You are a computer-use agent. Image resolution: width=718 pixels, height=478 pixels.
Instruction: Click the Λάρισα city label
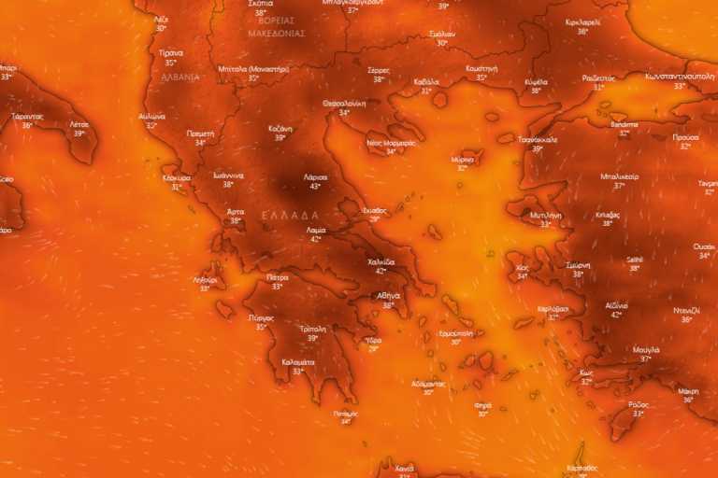click(x=315, y=176)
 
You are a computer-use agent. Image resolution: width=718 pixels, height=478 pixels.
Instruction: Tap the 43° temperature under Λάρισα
click(x=315, y=186)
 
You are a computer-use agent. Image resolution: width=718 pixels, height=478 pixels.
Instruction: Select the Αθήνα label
click(x=389, y=296)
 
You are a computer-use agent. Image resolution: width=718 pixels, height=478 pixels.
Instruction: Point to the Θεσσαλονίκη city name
click(x=344, y=104)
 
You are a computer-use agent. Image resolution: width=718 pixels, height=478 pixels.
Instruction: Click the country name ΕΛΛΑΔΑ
click(x=290, y=215)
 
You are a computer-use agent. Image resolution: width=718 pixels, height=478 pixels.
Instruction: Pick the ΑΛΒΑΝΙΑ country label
click(x=179, y=77)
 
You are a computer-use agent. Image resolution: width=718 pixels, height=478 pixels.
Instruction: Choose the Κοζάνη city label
click(x=280, y=128)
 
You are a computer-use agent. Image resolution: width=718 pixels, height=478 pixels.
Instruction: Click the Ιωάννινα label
click(x=227, y=176)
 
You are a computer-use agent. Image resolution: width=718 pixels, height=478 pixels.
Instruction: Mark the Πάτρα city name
click(x=277, y=277)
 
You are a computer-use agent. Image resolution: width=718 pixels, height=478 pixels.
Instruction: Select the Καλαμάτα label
click(x=298, y=361)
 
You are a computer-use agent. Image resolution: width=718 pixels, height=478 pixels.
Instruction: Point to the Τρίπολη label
click(x=313, y=329)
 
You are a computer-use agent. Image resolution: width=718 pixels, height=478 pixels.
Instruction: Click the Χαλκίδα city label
click(x=381, y=262)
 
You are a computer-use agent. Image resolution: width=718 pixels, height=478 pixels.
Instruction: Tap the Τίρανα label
click(x=170, y=53)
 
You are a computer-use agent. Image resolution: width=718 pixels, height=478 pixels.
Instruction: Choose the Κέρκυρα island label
click(x=177, y=177)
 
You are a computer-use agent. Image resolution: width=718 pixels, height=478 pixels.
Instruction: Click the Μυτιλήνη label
click(x=545, y=215)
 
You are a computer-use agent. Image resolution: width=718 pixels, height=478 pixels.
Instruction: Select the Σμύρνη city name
click(x=578, y=265)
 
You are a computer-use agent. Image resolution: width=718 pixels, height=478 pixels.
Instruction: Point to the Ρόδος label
click(x=638, y=404)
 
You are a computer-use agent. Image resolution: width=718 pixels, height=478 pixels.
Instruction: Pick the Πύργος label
click(x=262, y=317)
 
